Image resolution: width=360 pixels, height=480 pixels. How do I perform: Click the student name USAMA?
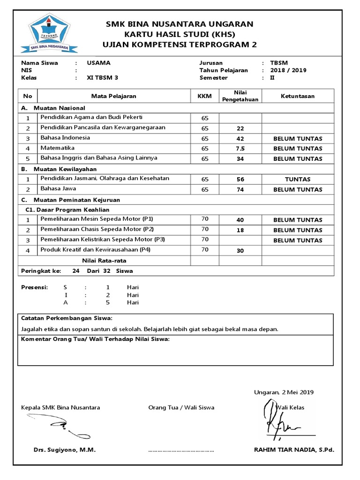[99, 63]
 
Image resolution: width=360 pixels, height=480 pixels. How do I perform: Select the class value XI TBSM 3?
[103, 78]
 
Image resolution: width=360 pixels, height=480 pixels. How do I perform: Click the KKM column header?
[204, 96]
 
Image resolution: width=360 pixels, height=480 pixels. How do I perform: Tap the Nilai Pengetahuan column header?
[240, 96]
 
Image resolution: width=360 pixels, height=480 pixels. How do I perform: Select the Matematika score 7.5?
[240, 149]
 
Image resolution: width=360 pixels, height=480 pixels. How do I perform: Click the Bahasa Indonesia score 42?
[240, 138]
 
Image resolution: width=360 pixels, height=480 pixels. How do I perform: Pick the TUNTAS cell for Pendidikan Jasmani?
[298, 179]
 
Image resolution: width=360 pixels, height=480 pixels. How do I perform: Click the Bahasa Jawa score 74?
[240, 189]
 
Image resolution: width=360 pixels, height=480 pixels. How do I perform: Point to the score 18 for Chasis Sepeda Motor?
[240, 230]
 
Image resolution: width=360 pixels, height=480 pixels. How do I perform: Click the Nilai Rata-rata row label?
[104, 261]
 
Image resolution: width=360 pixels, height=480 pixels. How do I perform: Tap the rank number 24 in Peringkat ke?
[76, 271]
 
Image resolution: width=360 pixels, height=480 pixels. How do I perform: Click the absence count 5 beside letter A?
[108, 302]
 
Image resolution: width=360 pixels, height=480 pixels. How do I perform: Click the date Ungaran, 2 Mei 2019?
[284, 392]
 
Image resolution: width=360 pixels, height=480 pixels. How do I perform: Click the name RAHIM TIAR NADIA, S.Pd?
[294, 450]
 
